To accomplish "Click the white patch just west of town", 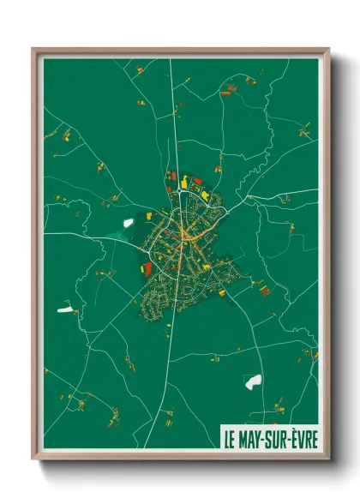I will pos(129,223).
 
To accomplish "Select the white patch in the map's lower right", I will pos(253,381).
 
